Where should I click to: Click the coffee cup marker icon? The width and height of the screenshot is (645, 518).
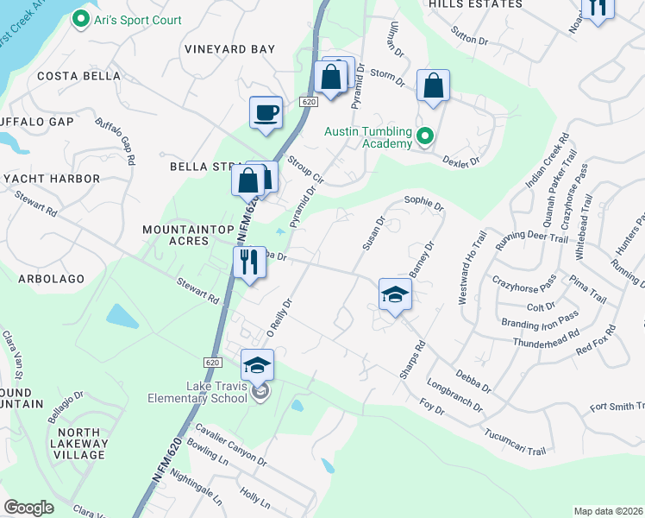click(266, 112)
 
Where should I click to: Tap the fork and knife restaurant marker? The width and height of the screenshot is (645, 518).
click(248, 261)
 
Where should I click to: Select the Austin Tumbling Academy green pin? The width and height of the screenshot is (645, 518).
click(424, 136)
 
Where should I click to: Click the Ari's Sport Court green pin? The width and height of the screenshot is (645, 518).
click(81, 18)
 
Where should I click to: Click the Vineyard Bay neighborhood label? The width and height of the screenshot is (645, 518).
click(229, 49)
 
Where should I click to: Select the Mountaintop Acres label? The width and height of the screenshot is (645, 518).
click(175, 236)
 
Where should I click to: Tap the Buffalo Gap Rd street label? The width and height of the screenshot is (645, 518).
click(116, 142)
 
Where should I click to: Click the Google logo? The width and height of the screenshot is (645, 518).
click(29, 508)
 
